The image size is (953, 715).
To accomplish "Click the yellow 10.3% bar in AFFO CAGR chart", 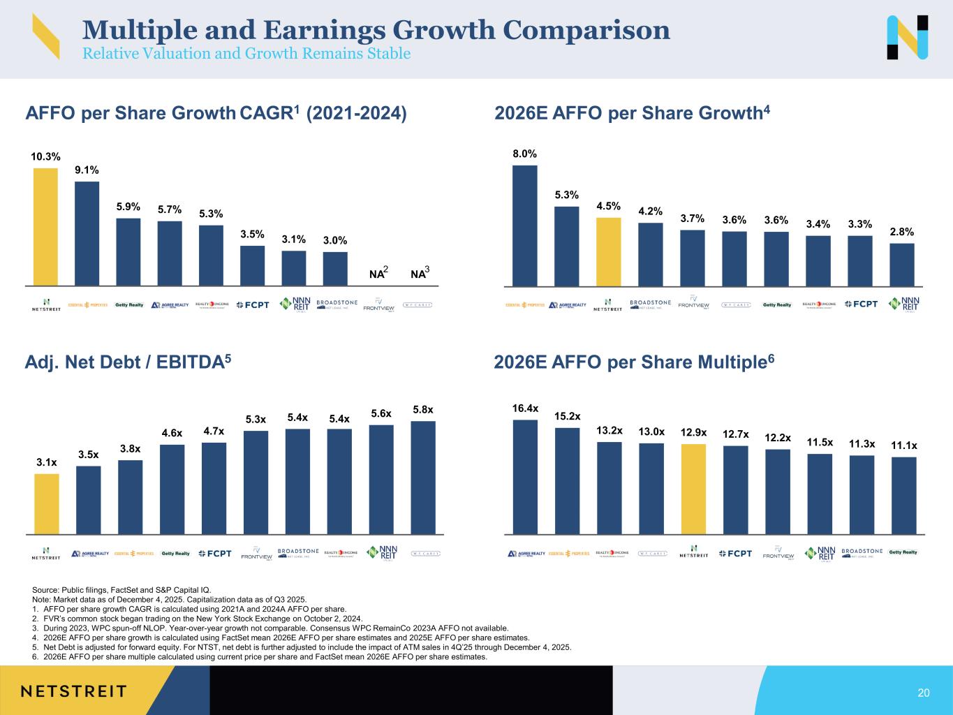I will [x=45, y=227].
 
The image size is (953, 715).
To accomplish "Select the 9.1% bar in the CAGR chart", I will [x=87, y=233].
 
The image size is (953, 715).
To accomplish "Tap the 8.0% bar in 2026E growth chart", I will [x=524, y=226].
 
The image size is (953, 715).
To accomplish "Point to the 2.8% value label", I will [x=901, y=232].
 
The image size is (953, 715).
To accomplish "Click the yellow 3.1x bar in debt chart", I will [x=46, y=503].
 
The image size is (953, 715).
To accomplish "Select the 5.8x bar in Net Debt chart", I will [x=422, y=477].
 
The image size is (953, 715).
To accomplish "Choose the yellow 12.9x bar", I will [x=693, y=489].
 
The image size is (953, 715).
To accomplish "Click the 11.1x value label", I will [x=904, y=445].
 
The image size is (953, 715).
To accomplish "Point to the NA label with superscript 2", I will [x=378, y=274].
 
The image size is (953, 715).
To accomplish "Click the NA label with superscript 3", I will [x=420, y=274].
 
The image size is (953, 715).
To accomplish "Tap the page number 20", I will [x=923, y=693].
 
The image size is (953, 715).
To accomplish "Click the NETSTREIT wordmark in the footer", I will [x=73, y=691].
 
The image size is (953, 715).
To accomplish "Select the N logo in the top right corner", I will [x=907, y=37].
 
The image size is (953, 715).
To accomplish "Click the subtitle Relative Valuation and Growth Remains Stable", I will [x=246, y=54].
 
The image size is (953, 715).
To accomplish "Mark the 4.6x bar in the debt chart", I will [x=172, y=489].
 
